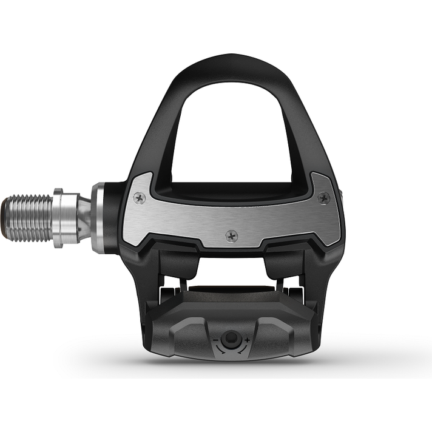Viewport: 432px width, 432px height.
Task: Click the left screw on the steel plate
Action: pos(140,198)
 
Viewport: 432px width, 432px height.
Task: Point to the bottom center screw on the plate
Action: pos(231,235)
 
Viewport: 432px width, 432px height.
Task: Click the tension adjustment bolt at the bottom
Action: pos(230,340)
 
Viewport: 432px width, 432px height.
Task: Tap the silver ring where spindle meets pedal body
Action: pos(97,217)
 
